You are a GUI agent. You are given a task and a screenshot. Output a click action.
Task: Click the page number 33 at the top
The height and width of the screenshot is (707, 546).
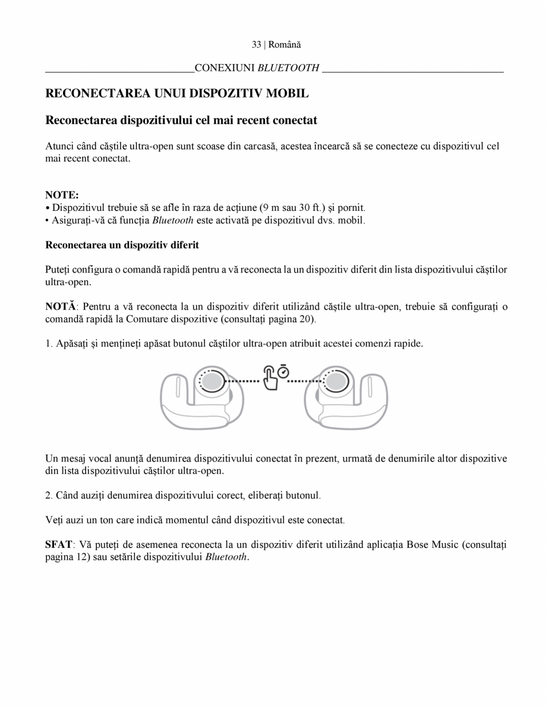pos(256,45)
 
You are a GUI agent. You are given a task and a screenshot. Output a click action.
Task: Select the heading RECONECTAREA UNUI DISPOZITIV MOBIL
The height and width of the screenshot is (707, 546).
pos(177,93)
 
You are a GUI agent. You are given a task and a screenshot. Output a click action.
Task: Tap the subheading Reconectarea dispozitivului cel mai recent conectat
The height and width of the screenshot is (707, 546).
pos(181,120)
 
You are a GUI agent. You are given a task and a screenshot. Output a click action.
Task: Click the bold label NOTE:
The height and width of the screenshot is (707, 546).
pos(62,195)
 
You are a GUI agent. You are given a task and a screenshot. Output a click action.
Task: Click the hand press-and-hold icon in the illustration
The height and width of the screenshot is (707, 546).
pos(271,377)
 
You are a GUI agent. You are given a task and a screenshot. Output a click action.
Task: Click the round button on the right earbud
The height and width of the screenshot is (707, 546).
pos(334,380)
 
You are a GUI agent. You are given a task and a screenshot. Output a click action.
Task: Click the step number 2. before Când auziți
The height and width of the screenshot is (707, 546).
pos(49,495)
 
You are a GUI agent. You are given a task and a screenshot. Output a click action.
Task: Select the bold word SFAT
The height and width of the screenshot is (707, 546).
pos(58,544)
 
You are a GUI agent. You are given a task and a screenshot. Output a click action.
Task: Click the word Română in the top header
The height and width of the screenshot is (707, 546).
pos(285,45)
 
